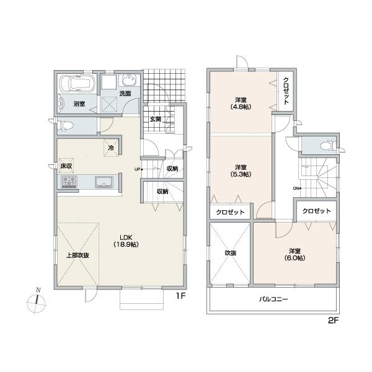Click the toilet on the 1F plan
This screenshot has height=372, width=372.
(x=66, y=126)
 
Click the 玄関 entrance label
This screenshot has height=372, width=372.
(x=154, y=119)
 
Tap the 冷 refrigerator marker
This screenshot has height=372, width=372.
(x=111, y=148)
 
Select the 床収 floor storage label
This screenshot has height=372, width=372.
(x=66, y=166)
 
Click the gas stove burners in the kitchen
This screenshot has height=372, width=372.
(x=69, y=182)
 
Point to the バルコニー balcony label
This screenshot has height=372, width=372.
(x=273, y=299)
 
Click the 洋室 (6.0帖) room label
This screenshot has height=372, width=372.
(x=294, y=254)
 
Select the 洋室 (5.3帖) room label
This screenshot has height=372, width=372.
(x=241, y=170)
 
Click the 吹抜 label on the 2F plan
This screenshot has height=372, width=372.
(x=230, y=253)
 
